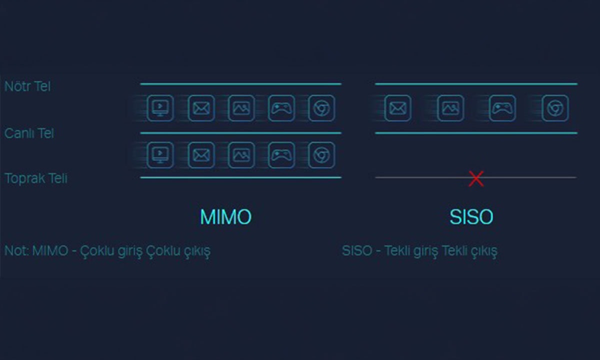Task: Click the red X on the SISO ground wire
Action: (476, 178)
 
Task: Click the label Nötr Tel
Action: (27, 86)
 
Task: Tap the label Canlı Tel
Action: (29, 133)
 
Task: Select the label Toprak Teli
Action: (36, 178)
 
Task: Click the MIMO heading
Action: (225, 217)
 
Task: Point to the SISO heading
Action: (471, 217)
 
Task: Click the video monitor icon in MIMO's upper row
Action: (160, 108)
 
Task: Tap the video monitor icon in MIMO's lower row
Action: (160, 155)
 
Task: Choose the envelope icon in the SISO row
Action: (398, 108)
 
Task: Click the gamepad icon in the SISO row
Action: (502, 108)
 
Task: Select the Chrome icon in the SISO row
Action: (555, 108)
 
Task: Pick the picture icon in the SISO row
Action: (450, 108)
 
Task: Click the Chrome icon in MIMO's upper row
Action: (321, 108)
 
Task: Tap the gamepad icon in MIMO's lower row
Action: (281, 155)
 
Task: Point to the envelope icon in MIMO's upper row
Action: (201, 108)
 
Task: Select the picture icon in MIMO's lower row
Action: (241, 155)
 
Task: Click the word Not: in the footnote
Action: (16, 250)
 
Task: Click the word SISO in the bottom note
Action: (357, 250)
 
